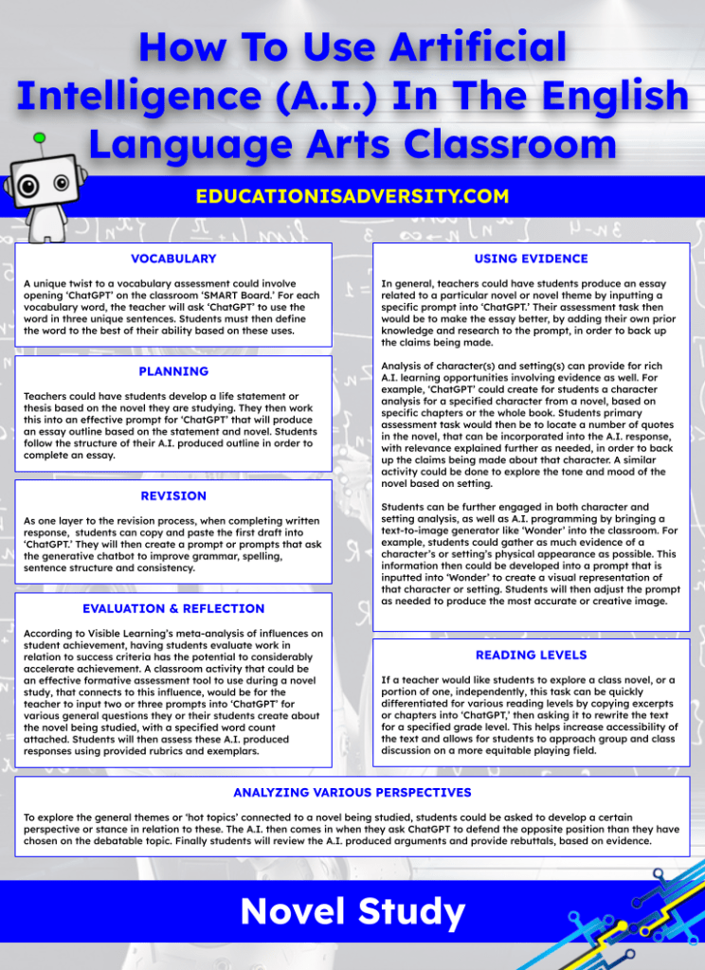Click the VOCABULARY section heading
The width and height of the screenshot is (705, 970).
(173, 259)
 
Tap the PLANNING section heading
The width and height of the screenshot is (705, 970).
(173, 371)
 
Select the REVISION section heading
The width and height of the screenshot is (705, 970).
(173, 495)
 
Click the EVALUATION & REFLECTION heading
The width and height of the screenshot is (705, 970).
(173, 608)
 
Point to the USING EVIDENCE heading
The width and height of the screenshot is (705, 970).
(531, 259)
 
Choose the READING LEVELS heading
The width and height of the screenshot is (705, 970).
(531, 655)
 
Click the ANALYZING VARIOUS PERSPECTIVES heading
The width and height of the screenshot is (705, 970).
(352, 792)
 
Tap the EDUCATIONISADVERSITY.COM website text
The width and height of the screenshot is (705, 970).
(352, 197)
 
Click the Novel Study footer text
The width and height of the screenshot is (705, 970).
(352, 911)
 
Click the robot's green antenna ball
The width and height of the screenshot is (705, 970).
(39, 138)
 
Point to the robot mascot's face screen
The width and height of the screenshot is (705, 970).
(48, 176)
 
